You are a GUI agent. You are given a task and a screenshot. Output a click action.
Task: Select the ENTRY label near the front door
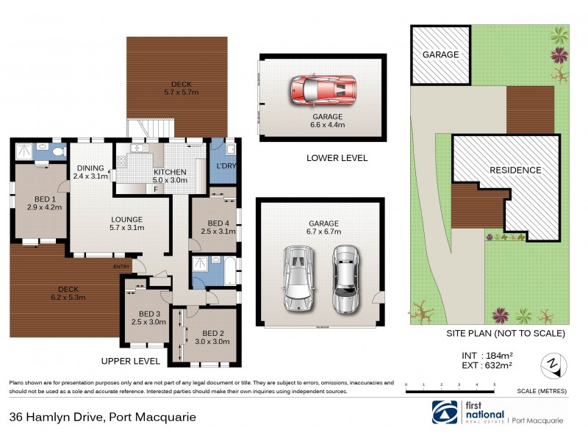pos(122,266)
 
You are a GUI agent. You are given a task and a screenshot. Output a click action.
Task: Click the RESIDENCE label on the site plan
pos(515,170)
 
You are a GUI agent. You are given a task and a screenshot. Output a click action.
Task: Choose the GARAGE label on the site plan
pos(440,54)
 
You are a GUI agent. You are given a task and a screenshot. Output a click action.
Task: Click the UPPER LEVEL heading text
pos(131,361)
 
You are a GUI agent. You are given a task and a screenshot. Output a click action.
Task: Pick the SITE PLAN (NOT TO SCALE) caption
pos(506,334)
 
